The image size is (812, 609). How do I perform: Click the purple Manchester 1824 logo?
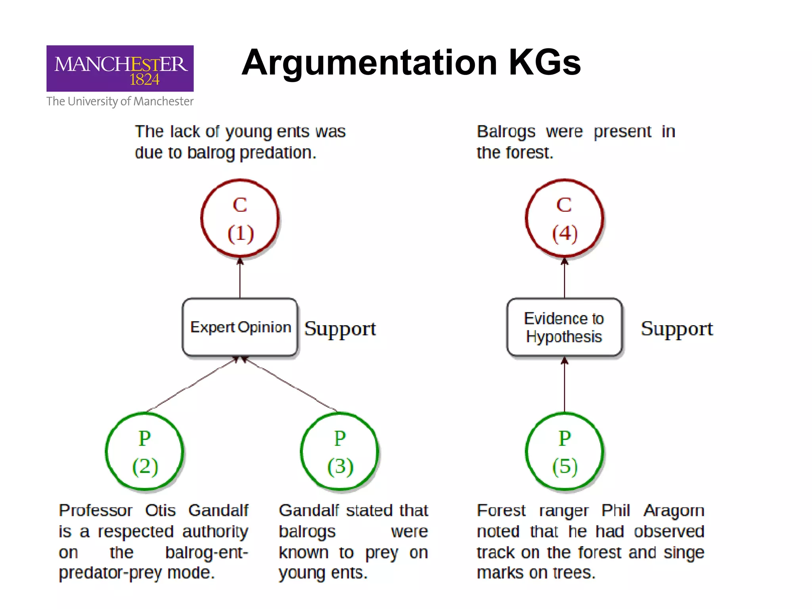click(120, 68)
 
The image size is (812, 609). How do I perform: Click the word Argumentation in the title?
click(369, 63)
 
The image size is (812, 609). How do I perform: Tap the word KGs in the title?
click(544, 63)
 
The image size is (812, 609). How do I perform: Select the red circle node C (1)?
click(240, 218)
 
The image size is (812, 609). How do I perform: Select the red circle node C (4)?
click(564, 218)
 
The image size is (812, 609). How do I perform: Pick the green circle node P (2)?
click(145, 452)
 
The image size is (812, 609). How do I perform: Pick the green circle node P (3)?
click(340, 452)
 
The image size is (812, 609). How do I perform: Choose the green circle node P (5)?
click(565, 452)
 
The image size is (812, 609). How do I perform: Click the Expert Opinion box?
click(240, 327)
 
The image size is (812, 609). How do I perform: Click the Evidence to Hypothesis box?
click(564, 327)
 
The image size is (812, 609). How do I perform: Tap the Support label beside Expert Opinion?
click(340, 329)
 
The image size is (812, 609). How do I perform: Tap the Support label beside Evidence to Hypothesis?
click(676, 329)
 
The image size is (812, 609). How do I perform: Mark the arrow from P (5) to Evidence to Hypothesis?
click(565, 385)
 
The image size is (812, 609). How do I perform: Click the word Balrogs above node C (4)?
click(506, 132)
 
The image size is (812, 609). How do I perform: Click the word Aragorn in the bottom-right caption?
click(674, 511)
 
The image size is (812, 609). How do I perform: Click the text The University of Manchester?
click(120, 101)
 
